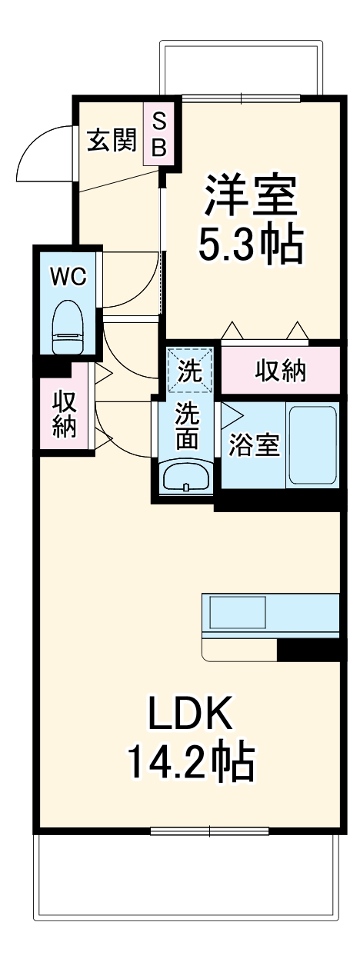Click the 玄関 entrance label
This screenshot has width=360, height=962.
pos(111,141)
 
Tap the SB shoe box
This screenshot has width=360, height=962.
pos(158,134)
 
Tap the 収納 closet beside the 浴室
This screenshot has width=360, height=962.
pos(280,371)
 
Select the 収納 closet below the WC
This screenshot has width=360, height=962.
pos(65,414)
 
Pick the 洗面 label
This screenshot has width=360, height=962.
pos(188,426)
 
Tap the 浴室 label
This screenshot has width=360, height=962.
pos(253,446)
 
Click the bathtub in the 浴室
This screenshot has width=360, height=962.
pos(312,444)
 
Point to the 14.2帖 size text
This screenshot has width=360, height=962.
pos(189,761)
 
